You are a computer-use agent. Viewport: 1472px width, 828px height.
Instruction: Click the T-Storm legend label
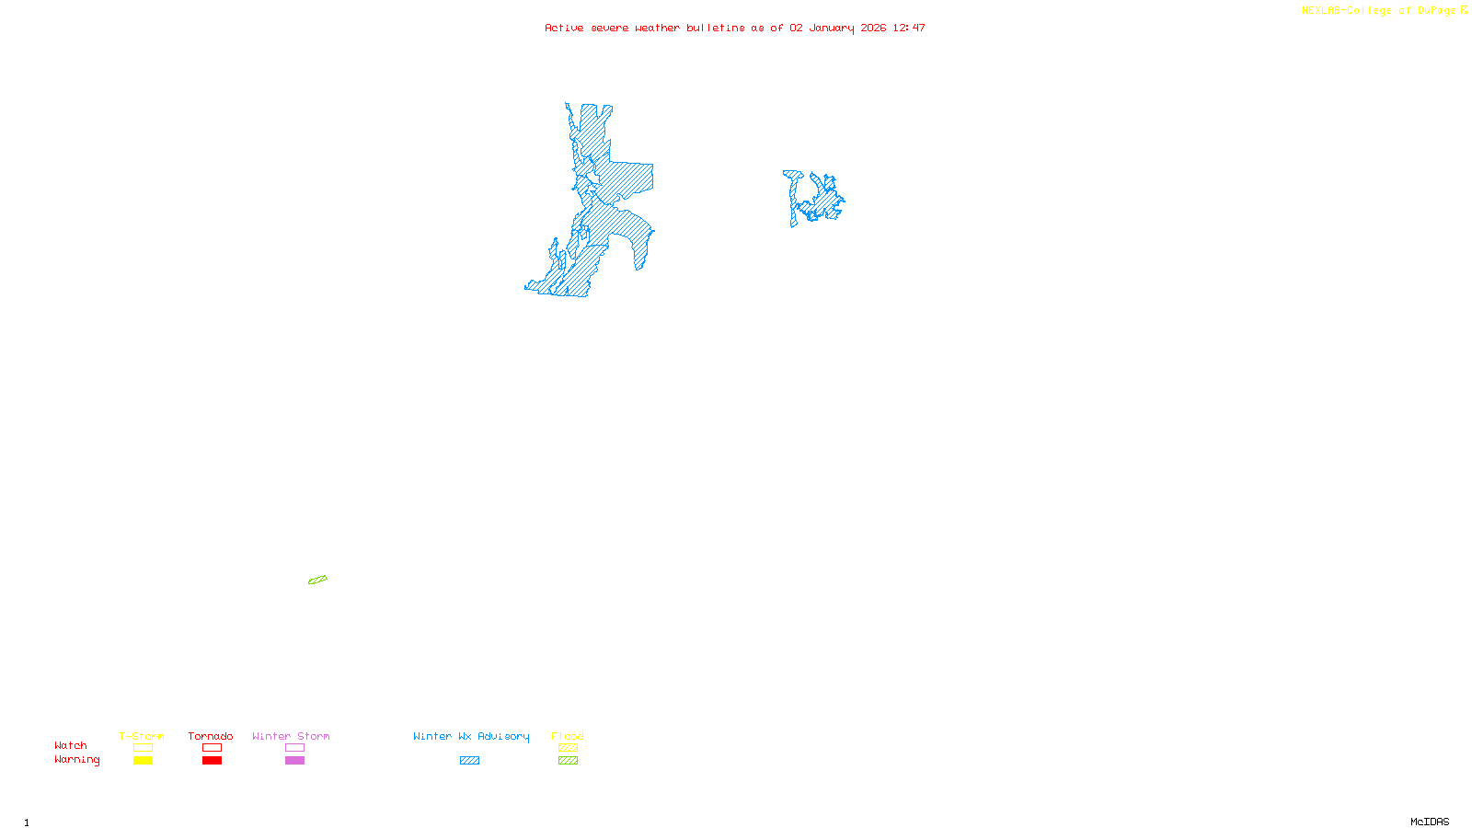coord(142,736)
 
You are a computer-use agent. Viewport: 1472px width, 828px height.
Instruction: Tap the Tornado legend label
coord(211,736)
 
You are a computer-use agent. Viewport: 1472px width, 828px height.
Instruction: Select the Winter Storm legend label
coord(291,736)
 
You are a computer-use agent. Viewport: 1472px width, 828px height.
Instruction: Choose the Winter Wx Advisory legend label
coord(471,736)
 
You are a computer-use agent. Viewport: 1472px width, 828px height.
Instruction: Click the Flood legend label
coord(568,736)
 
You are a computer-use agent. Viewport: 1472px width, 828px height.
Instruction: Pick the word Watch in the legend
coord(71,745)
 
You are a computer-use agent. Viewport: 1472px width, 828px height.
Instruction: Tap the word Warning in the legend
coord(77,760)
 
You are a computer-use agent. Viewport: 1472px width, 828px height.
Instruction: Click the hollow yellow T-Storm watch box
coord(143,748)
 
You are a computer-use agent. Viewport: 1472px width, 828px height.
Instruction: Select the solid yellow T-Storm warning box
coord(143,761)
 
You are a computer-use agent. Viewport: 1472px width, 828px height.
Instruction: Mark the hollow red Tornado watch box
coord(212,748)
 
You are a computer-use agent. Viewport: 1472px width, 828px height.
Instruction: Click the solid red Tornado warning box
coord(212,761)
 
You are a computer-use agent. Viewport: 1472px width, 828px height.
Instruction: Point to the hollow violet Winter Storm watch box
coord(294,748)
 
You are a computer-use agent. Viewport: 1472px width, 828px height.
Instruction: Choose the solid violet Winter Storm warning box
coord(294,761)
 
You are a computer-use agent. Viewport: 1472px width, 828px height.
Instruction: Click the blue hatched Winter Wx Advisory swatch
coord(469,761)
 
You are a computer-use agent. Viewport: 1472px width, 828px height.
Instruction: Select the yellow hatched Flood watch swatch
coord(568,748)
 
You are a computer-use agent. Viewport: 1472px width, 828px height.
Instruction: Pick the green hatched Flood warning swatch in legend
coord(568,761)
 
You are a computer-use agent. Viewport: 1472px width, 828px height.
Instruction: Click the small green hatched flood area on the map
coord(317,580)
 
